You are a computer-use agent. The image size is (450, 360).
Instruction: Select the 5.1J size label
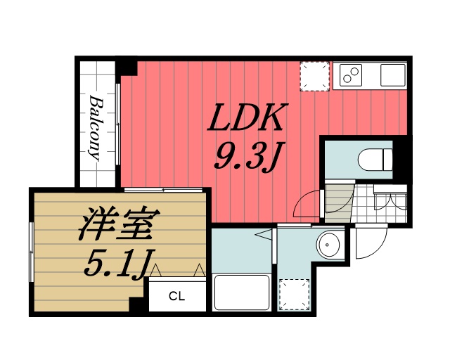117,264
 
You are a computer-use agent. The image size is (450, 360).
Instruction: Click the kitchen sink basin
392,74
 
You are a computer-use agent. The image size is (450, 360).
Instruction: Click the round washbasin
329,245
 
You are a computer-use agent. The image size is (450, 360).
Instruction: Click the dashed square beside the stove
314,75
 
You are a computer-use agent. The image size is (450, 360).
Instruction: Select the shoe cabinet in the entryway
391,200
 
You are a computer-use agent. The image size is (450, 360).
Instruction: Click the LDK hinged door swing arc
307,205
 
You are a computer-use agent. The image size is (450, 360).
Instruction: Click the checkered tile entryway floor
364,207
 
